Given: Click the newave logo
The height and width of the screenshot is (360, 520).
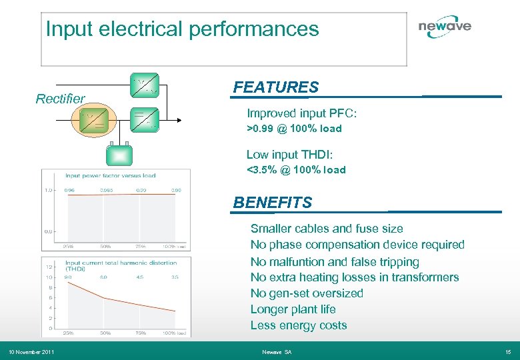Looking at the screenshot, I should tap(445, 27).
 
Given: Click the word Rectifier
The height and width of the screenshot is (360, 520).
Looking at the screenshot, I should tap(60, 99).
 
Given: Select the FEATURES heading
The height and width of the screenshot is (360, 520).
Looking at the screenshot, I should tap(276, 87).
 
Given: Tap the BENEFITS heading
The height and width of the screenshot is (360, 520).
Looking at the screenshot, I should tap(273, 202).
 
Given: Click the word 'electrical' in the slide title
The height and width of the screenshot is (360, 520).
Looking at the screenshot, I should tap(141, 29).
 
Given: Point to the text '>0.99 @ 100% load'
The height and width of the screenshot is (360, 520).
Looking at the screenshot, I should tap(294, 129).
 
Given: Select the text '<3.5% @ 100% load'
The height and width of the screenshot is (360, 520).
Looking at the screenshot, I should tap(296, 170).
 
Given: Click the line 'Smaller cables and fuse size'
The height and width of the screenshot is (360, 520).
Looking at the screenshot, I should tap(327, 229).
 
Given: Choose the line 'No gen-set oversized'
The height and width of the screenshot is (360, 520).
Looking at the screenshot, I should tap(307, 293).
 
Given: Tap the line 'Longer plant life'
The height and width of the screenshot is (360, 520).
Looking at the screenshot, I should tap(293, 309).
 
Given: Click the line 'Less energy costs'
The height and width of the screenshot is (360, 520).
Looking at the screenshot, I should tap(299, 325).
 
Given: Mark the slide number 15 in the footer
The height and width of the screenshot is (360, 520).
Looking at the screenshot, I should tap(508, 352).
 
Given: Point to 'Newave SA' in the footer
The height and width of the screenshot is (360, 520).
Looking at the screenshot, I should tap(276, 352).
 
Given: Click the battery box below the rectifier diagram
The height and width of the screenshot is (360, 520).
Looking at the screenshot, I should tap(119, 155).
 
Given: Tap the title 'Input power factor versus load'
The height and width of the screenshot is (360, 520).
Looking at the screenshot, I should tap(110, 175).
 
